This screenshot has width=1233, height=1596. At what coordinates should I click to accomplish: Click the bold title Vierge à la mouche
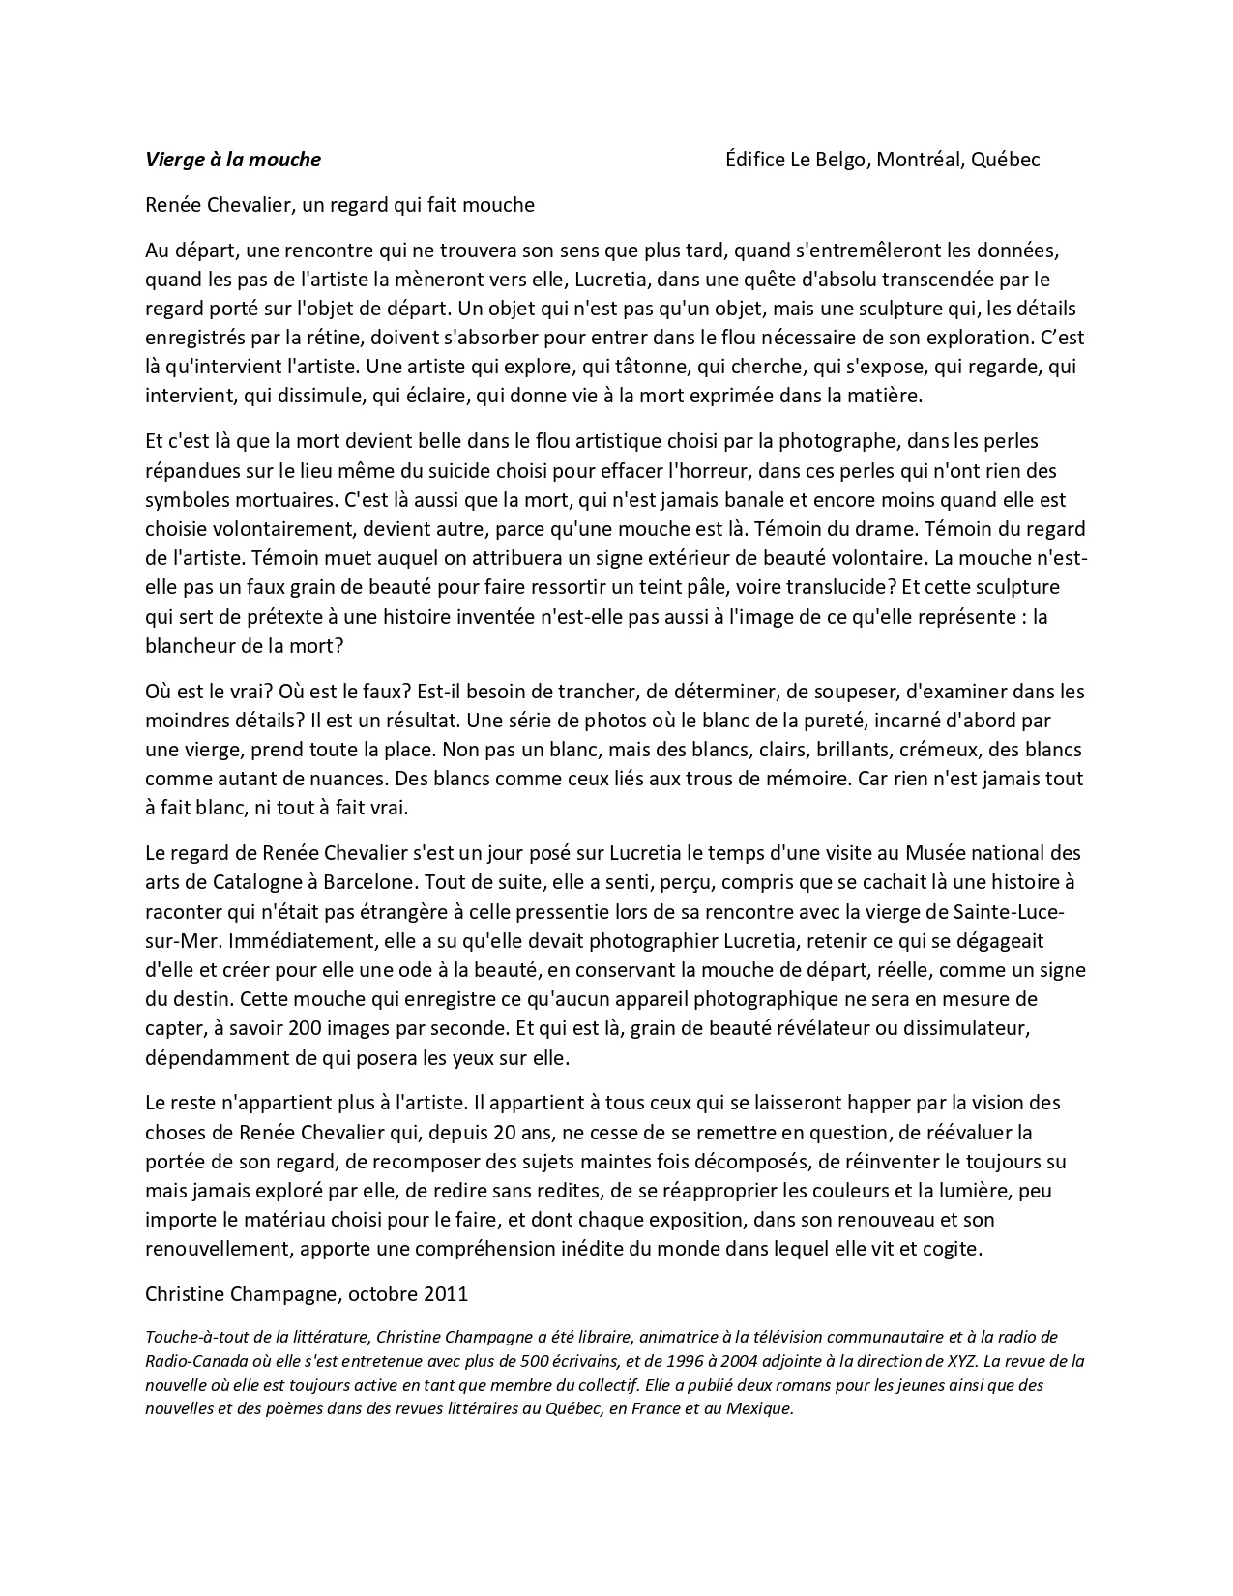[232, 160]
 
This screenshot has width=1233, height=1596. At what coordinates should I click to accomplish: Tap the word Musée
[934, 853]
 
